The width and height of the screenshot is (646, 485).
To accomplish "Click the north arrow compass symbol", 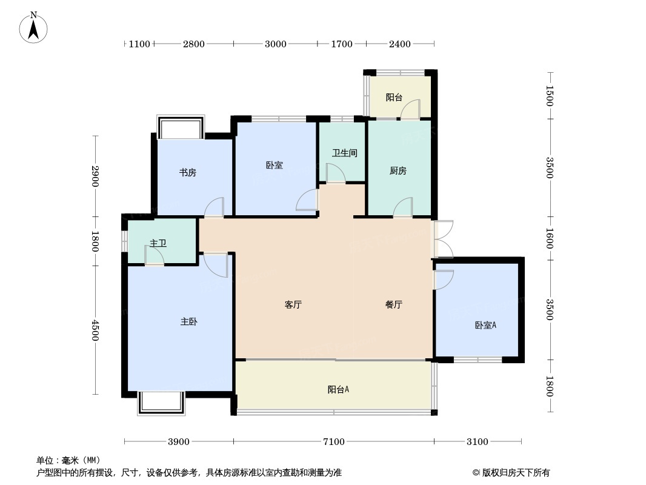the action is tap(33, 28).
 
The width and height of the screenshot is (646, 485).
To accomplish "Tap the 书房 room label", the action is tap(187, 172).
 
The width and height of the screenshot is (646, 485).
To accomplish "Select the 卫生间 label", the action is tap(344, 153).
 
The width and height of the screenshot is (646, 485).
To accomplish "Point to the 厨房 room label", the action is tap(398, 170).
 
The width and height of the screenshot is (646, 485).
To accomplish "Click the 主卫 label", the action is tap(158, 243).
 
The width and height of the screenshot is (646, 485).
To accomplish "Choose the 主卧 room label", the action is tap(188, 321).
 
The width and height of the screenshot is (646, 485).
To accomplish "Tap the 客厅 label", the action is tap(293, 304).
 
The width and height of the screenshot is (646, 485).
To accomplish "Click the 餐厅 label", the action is tap(394, 304).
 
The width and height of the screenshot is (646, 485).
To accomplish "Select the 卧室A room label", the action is tap(486, 325).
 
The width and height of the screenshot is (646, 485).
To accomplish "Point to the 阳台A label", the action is tap(338, 389).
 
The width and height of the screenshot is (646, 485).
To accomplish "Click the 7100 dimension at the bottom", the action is tap(334, 442).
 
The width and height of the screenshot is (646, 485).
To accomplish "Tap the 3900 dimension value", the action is tap(179, 442).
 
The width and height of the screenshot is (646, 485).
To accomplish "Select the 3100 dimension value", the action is tap(478, 442).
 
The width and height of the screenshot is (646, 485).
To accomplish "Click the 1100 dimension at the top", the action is tap(139, 44).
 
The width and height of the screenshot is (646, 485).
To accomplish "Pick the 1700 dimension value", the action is tap(342, 44).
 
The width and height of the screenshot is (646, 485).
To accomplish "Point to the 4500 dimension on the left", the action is tap(95, 330).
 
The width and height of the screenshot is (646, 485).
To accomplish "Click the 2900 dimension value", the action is tap(95, 176).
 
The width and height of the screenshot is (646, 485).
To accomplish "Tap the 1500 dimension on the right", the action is tap(550, 96).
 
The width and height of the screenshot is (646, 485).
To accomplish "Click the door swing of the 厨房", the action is tap(403, 207).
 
